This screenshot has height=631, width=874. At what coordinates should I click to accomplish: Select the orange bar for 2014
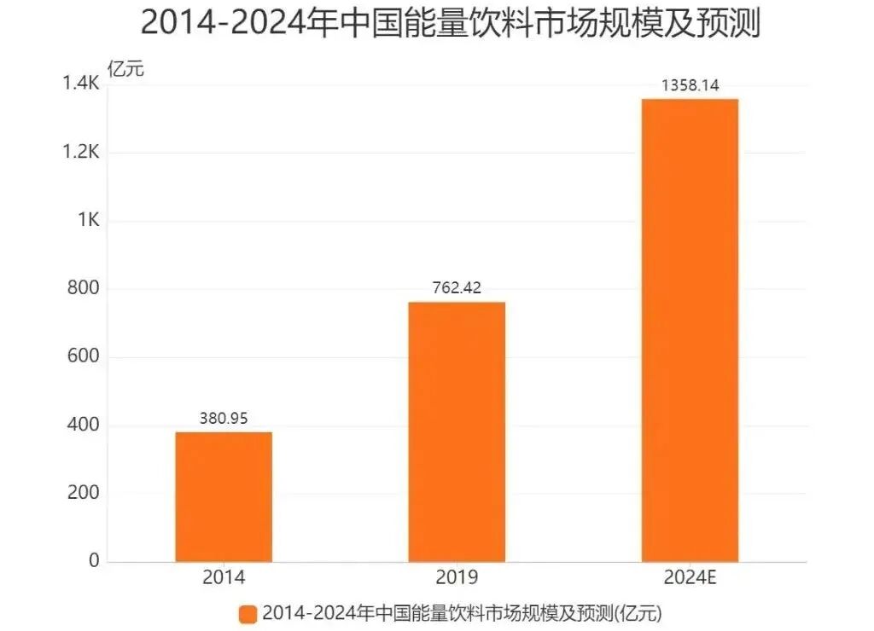224,496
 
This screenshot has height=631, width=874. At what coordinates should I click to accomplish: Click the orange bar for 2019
457,431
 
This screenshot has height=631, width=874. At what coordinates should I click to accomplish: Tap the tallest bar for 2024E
690,330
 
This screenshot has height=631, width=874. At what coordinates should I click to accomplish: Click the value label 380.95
224,419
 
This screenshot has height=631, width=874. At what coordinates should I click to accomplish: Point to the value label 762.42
457,288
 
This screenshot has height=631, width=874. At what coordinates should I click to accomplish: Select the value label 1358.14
690,85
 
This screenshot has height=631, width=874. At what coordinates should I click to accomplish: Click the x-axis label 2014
224,577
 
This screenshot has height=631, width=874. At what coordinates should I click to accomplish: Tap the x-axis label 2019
457,577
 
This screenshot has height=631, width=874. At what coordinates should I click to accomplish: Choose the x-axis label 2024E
690,577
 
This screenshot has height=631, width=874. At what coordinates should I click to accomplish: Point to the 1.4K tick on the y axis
81,84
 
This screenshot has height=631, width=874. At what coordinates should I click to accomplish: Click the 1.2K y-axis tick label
81,153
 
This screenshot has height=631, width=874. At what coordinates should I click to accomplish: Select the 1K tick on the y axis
88,220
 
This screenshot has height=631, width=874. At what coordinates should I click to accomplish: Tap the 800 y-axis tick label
84,288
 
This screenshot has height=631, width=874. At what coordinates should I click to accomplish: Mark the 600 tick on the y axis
84,356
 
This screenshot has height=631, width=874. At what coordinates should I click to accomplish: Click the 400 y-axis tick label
84,425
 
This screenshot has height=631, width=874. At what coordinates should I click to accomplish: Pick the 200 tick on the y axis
84,493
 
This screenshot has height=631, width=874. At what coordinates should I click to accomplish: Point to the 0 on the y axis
94,561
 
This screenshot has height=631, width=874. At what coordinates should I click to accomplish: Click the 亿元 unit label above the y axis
125,69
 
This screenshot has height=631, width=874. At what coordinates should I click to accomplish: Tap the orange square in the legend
248,613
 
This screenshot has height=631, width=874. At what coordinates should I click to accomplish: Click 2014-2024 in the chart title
228,23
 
